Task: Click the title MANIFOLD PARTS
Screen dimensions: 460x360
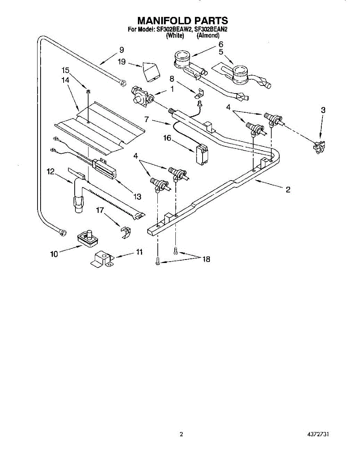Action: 183,20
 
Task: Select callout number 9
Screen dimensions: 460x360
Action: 121,50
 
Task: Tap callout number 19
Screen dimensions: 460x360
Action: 121,61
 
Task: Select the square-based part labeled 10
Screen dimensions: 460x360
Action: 88,238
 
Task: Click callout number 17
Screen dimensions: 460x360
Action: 100,210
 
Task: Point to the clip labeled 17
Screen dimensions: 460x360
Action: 125,232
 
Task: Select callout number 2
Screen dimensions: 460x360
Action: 288,189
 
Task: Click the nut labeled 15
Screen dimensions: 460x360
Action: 88,92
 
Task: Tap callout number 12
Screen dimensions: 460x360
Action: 51,172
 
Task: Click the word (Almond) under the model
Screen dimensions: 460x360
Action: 208,36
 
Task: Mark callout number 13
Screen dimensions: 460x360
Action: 137,197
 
